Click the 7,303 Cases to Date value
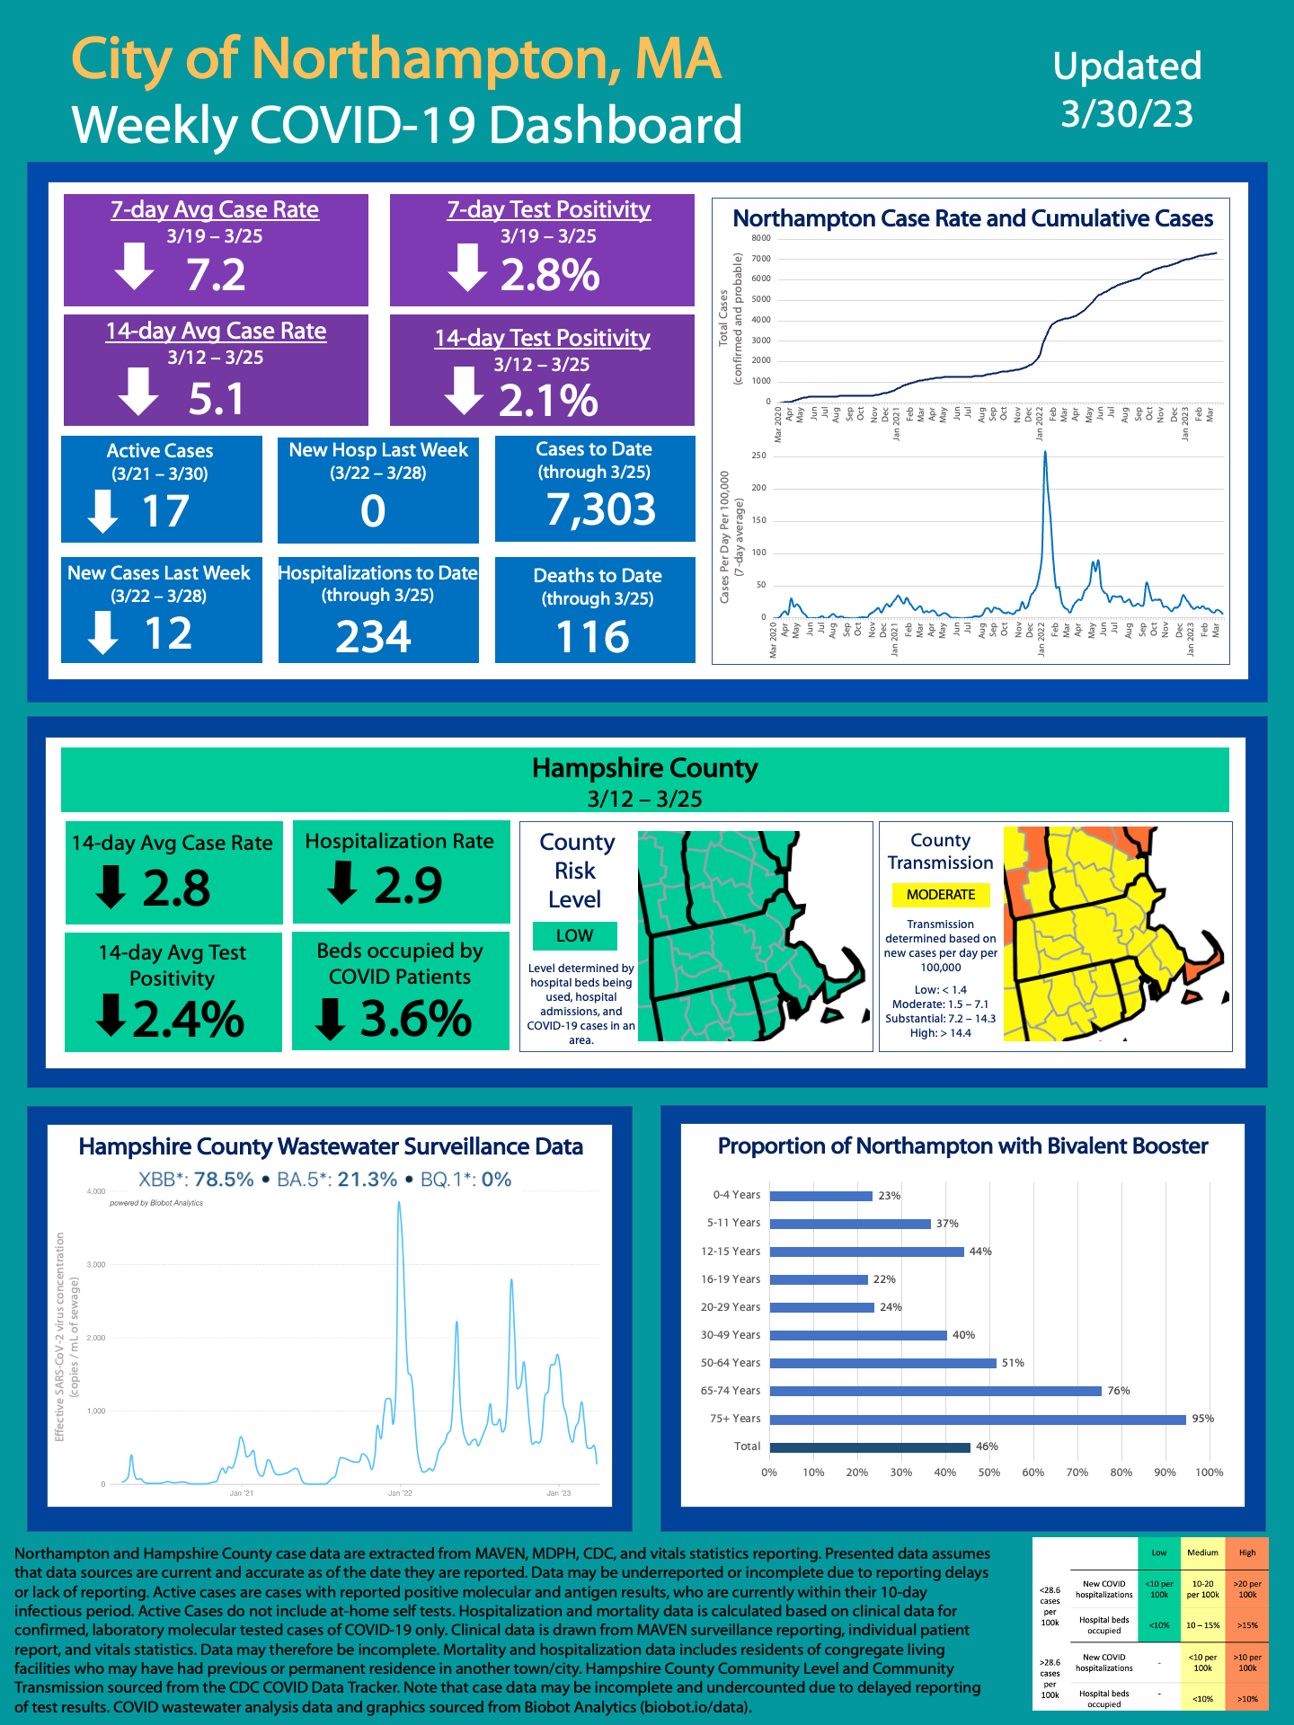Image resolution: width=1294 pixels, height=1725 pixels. tap(601, 509)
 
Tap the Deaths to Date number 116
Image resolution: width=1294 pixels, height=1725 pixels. tap(593, 637)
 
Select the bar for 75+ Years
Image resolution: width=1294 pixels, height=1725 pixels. tap(978, 1420)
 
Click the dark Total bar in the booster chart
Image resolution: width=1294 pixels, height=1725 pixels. tap(870, 1447)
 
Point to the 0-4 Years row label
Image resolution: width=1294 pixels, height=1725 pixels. tap(736, 1195)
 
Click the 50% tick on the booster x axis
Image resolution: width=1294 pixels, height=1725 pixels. tap(988, 1473)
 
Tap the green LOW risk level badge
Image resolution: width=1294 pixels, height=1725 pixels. tap(574, 935)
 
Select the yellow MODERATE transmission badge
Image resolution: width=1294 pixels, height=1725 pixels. tap(940, 895)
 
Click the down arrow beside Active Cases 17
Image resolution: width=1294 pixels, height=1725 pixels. tap(103, 511)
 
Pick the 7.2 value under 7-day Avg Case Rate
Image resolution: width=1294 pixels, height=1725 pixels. tap(216, 274)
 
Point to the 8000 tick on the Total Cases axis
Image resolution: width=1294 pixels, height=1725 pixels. tap(761, 238)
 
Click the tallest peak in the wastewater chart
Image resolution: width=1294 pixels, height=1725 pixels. tap(399, 1204)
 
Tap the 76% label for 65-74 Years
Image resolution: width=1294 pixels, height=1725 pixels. tap(1119, 1391)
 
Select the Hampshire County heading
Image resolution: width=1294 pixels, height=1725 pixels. tap(644, 768)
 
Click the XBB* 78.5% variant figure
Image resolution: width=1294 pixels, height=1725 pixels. tap(196, 1180)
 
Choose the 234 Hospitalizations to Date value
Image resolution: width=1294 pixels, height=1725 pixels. tap(373, 637)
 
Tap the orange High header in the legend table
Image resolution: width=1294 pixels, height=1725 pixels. tap(1247, 1552)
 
